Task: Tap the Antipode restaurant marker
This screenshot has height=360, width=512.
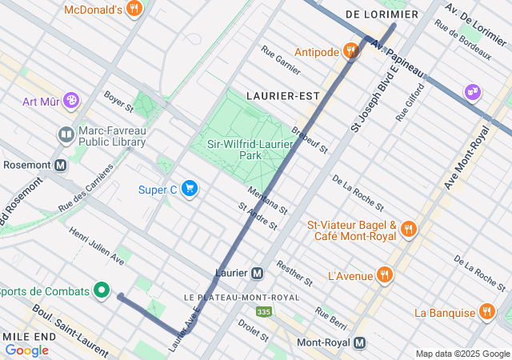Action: pyautogui.click(x=350, y=52)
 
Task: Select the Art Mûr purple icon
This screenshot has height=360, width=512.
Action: pyautogui.click(x=71, y=101)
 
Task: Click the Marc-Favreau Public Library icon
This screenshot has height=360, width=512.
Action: pyautogui.click(x=66, y=134)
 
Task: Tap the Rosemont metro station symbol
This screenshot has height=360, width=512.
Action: pyautogui.click(x=61, y=166)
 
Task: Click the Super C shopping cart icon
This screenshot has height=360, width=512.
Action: pyautogui.click(x=190, y=189)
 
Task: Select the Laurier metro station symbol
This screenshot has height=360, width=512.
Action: pyautogui.click(x=257, y=273)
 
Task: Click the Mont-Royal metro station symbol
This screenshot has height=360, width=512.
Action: pyautogui.click(x=360, y=342)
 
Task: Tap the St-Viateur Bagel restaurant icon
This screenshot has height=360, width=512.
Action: pyautogui.click(x=408, y=230)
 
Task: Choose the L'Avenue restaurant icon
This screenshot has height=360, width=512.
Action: pyautogui.click(x=385, y=275)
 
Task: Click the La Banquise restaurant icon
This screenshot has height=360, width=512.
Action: pyautogui.click(x=486, y=312)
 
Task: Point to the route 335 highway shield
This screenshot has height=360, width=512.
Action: pyautogui.click(x=263, y=310)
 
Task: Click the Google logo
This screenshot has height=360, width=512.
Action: pyautogui.click(x=26, y=350)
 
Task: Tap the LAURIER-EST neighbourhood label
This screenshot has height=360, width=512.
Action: pyautogui.click(x=282, y=95)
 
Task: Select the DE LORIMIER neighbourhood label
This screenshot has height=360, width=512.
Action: pyautogui.click(x=382, y=14)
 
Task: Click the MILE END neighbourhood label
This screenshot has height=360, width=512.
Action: pyautogui.click(x=28, y=337)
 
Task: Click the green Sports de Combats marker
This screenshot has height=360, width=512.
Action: pyautogui.click(x=101, y=290)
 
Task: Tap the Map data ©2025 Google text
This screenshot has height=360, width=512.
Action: pyautogui.click(x=462, y=354)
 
